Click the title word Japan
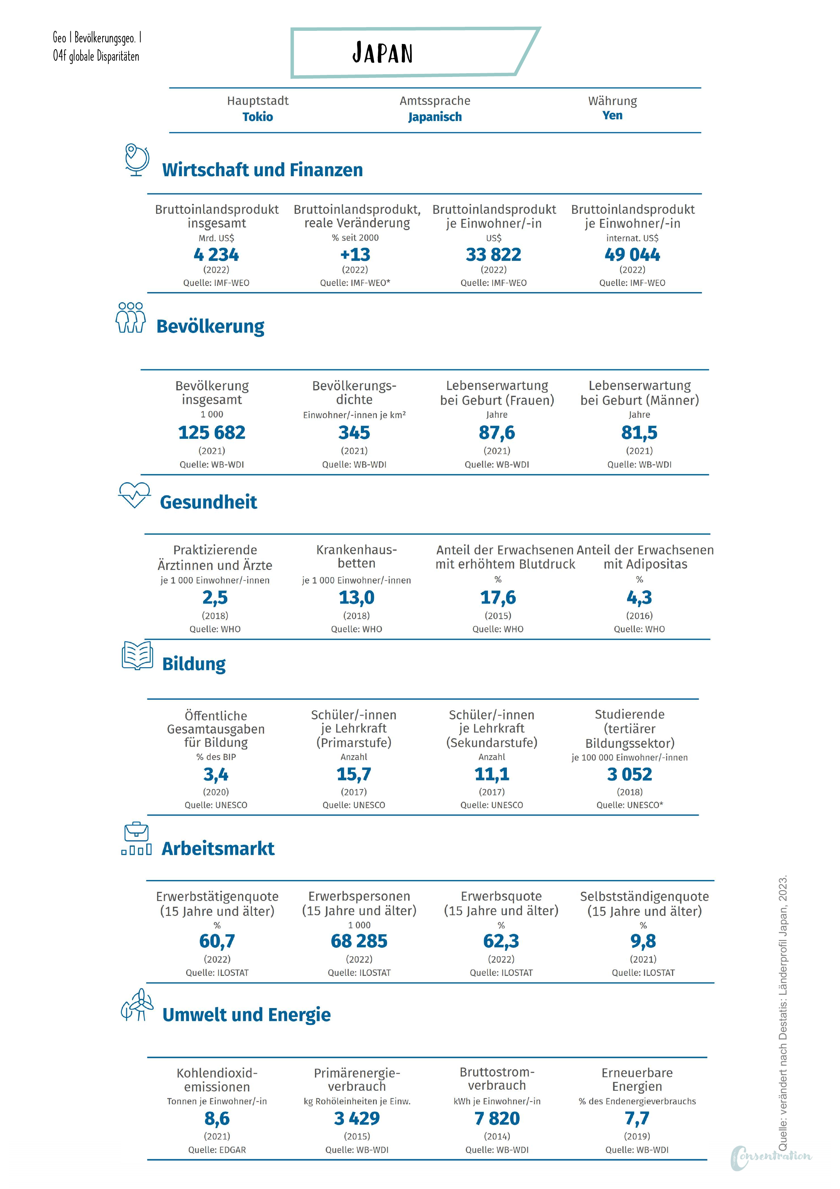tap(383, 53)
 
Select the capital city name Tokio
tap(258, 117)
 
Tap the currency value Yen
tap(612, 116)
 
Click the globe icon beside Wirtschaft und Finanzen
tap(137, 160)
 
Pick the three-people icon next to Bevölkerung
tap(130, 317)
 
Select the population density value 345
tap(354, 432)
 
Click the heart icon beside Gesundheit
tap(134, 495)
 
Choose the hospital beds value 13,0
tap(357, 598)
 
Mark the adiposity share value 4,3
tap(640, 598)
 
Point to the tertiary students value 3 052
tap(630, 774)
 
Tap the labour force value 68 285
tap(359, 941)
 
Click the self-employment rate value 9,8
tap(643, 941)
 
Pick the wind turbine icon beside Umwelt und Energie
tap(137, 1005)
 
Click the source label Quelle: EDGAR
tap(217, 1150)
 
